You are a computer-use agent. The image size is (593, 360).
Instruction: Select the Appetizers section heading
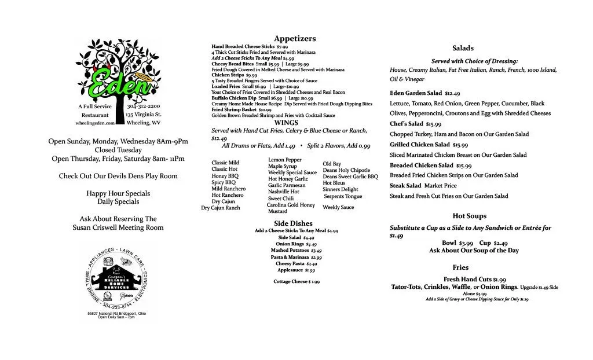(x=295, y=38)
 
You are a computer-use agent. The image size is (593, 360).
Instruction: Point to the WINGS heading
(x=286, y=123)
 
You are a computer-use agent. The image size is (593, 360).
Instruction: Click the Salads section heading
(x=463, y=48)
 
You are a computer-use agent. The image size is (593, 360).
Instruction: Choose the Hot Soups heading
(x=469, y=216)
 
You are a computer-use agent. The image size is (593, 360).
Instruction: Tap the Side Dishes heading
(x=293, y=223)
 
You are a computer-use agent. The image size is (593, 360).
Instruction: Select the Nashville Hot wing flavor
(x=284, y=192)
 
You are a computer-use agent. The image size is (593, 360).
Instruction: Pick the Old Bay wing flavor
(x=332, y=164)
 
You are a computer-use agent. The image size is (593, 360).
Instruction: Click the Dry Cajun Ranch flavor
(x=220, y=208)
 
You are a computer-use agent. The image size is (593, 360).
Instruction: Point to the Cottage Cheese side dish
(x=296, y=282)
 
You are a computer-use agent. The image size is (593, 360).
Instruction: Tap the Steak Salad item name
(x=405, y=186)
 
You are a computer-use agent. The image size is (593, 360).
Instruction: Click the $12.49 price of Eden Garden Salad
(x=452, y=93)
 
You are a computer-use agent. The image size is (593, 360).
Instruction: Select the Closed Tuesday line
(x=118, y=150)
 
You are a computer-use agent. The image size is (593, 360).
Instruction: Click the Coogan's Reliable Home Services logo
(x=118, y=277)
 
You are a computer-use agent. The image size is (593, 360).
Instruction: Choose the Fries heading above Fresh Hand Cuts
(x=461, y=267)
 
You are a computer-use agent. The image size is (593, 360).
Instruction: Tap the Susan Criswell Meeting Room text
(x=118, y=227)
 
